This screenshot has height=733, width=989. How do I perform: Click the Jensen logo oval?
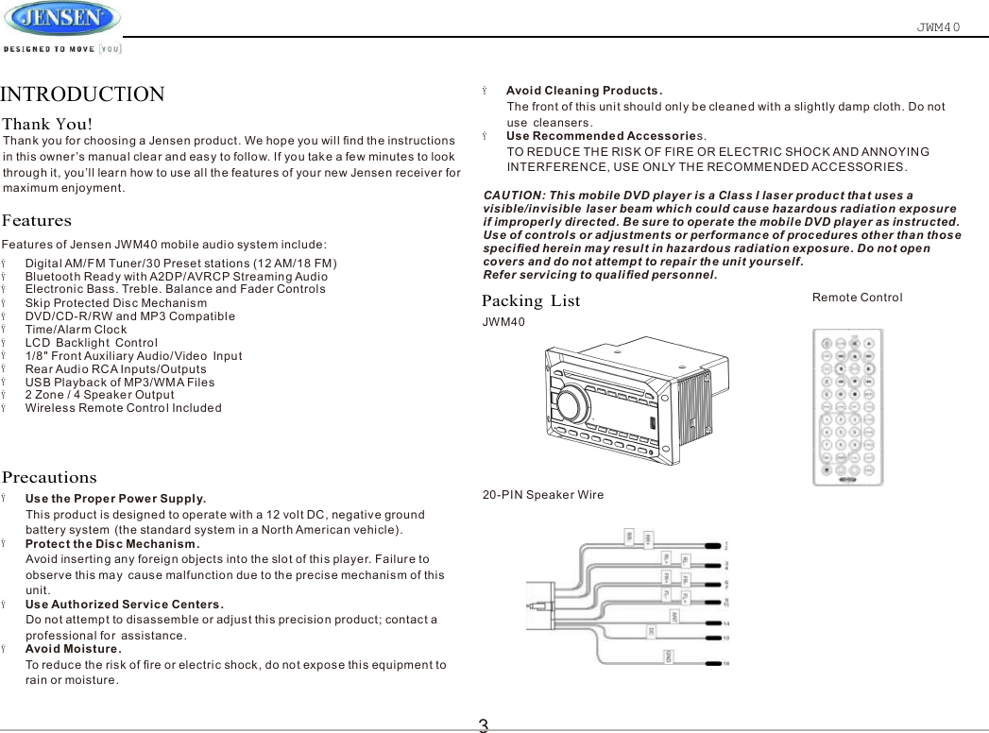pyautogui.click(x=61, y=19)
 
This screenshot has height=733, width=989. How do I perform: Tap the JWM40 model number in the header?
pyautogui.click(x=938, y=26)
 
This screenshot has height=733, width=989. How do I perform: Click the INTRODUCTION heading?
pyautogui.click(x=83, y=94)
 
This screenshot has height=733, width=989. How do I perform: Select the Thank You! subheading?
pyautogui.click(x=48, y=125)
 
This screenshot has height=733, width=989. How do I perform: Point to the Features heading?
pyautogui.click(x=37, y=221)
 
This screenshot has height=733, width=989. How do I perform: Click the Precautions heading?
pyautogui.click(x=50, y=478)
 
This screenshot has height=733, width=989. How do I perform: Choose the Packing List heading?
pyautogui.click(x=531, y=301)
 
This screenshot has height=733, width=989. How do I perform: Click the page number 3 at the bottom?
pyautogui.click(x=483, y=724)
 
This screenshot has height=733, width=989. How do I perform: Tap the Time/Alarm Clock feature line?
pyautogui.click(x=76, y=330)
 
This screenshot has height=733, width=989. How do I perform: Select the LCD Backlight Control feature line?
pyautogui.click(x=91, y=342)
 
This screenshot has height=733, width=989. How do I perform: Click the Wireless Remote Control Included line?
pyautogui.click(x=123, y=408)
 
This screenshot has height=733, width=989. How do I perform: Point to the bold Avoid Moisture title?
pyautogui.click(x=73, y=649)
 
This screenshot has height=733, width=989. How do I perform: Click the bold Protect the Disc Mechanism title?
pyautogui.click(x=111, y=543)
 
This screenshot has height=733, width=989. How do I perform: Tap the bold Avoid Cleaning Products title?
pyautogui.click(x=584, y=91)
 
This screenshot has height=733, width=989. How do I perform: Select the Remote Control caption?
pyautogui.click(x=857, y=298)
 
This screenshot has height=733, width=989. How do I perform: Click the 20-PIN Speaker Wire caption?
pyautogui.click(x=543, y=495)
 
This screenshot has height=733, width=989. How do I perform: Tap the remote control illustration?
pyautogui.click(x=848, y=406)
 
